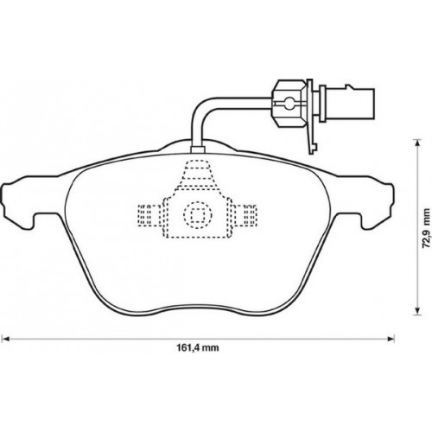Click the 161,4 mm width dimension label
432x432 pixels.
coord(198,348)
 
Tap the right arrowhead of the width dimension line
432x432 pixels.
coord(391,338)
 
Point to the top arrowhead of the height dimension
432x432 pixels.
coord(416,142)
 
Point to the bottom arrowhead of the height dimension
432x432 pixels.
coord(416,312)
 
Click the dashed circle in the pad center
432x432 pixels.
coord(198,214)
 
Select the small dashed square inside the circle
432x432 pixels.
coord(198,214)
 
